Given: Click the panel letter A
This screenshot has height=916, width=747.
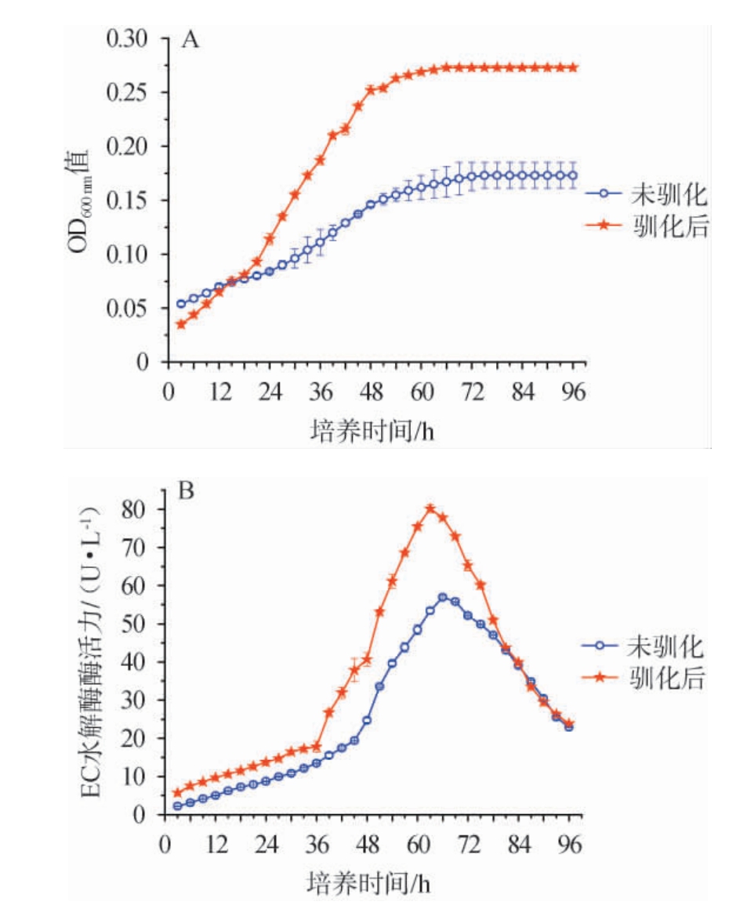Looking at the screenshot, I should coord(190,40).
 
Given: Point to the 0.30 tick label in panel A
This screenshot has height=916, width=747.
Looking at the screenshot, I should coord(132,38).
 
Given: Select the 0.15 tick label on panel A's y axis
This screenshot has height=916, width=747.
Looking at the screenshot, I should coord(132,201).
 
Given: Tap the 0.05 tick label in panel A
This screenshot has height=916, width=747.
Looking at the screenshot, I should coord(132,309).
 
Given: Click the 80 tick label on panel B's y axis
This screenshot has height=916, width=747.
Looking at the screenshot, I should coord(138,509).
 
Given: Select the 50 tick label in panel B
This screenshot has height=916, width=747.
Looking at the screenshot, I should coord(138,625).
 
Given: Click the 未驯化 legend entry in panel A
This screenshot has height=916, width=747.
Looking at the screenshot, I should coord(643,194).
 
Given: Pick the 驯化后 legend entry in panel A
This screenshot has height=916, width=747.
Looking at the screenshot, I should coord(643,226).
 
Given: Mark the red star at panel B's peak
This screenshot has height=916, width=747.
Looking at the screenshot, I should coord(430,509).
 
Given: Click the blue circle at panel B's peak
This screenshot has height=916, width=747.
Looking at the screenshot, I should coord(443,598).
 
